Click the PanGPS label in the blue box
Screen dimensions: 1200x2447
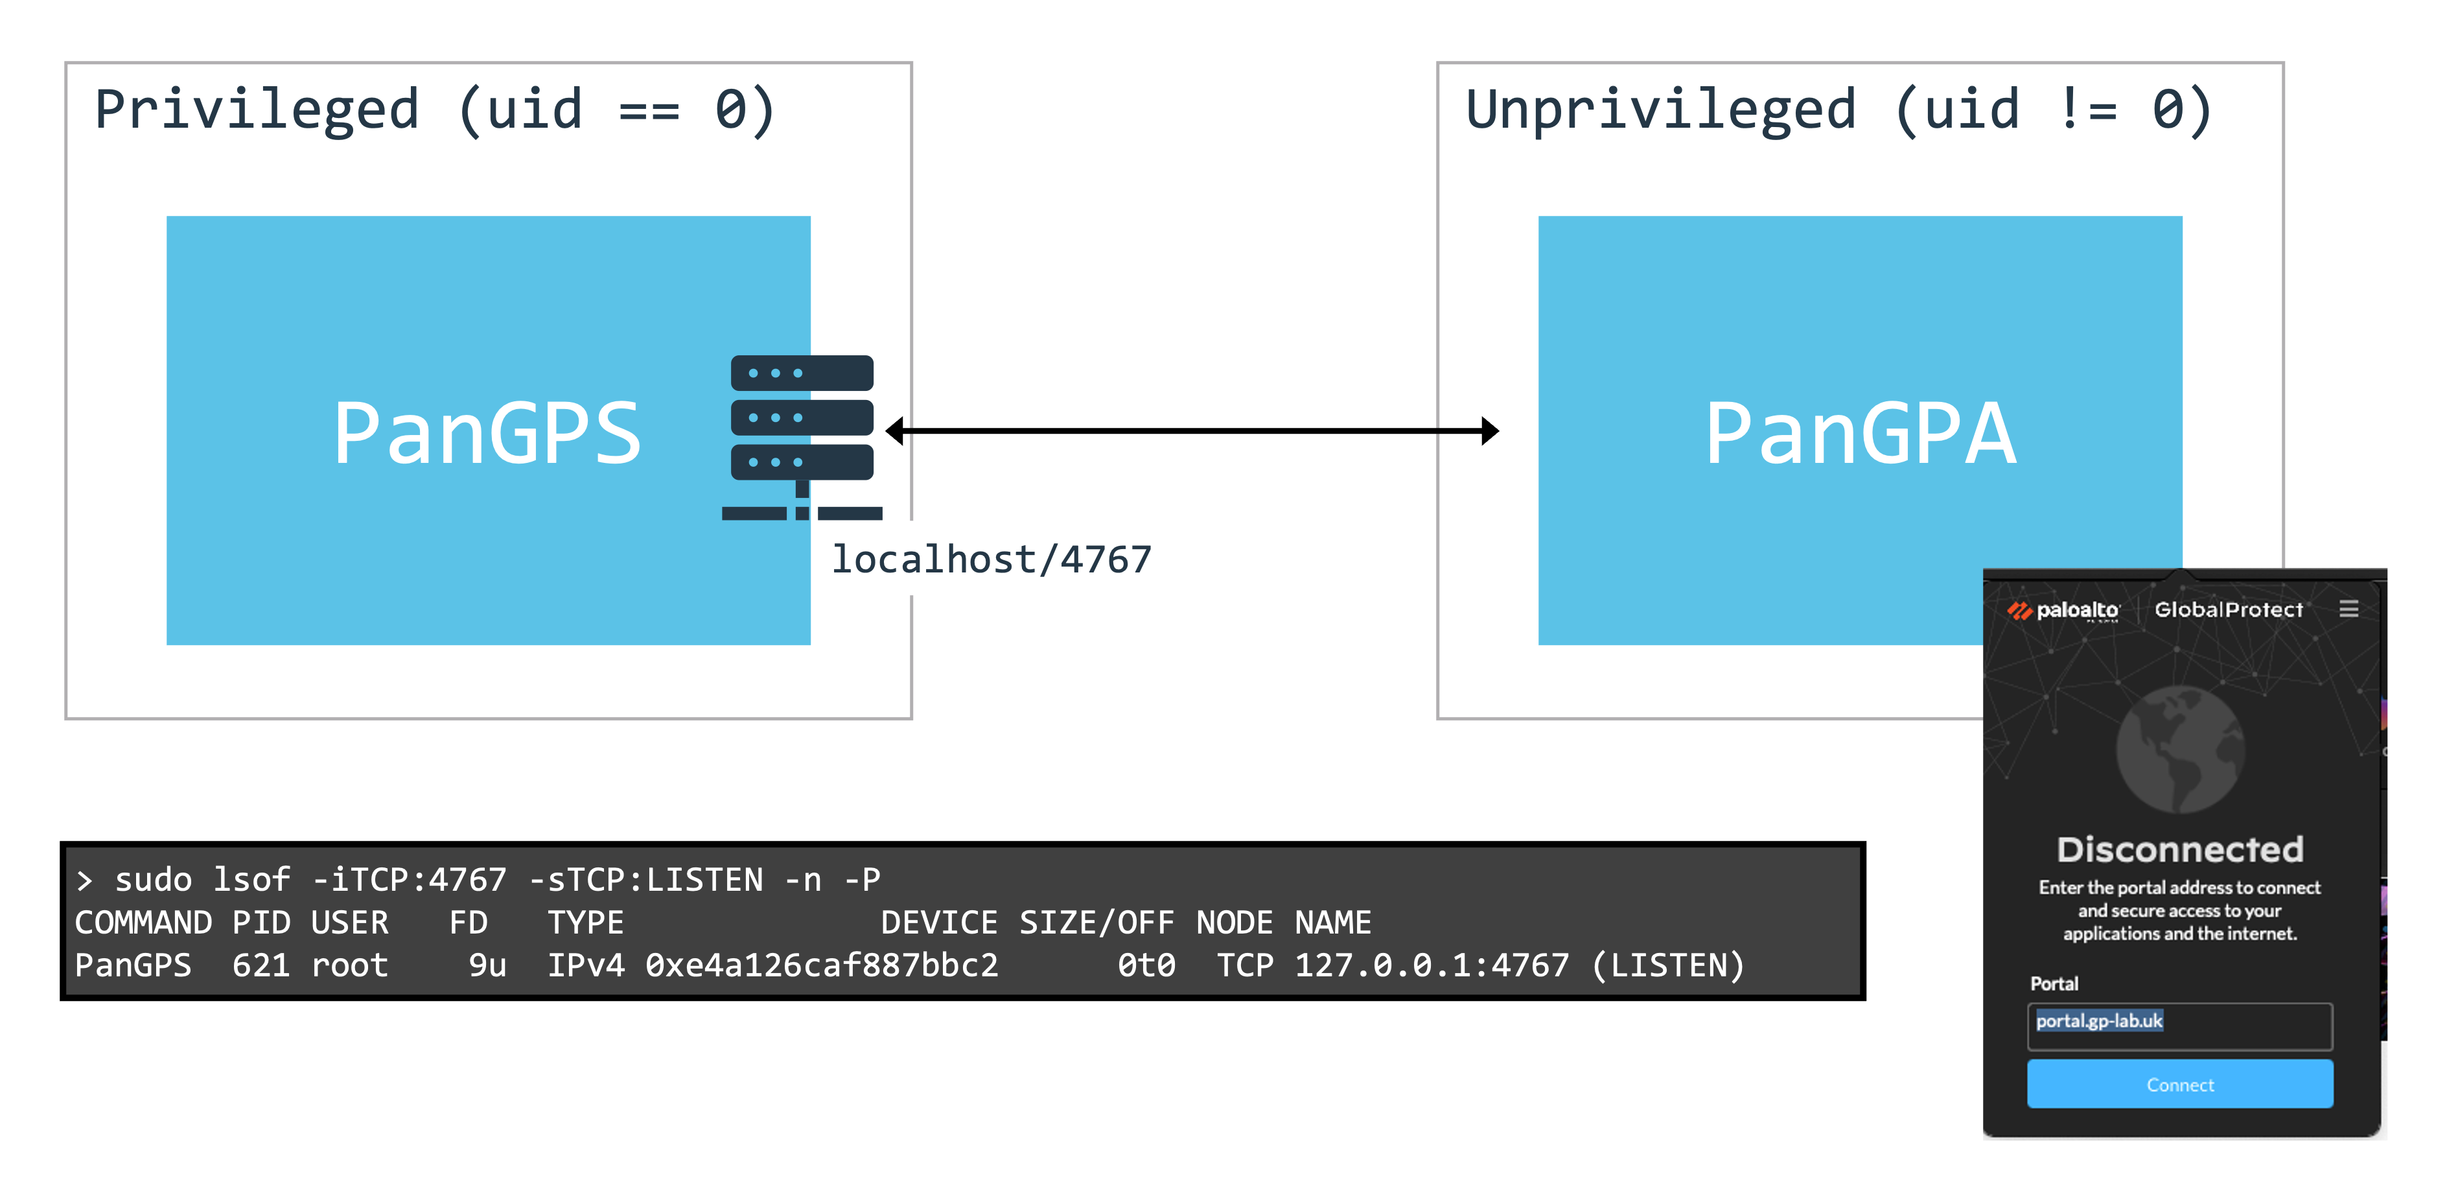click(x=487, y=433)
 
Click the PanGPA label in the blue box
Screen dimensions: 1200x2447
click(x=1860, y=433)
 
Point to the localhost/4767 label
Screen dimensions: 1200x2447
click(x=991, y=559)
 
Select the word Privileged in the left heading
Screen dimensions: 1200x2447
click(x=257, y=110)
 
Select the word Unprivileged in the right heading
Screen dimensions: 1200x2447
click(x=1660, y=110)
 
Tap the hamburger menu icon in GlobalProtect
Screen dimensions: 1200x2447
click(x=2348, y=609)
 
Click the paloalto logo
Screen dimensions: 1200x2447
click(x=2063, y=610)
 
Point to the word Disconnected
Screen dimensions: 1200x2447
click(x=2179, y=849)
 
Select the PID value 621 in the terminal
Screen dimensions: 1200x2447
click(x=261, y=965)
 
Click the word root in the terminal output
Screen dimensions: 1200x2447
click(x=349, y=965)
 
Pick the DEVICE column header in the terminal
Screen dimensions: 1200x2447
click(x=938, y=922)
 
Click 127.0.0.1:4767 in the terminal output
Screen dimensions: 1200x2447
click(x=1432, y=965)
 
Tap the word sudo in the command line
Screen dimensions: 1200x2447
click(x=153, y=880)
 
